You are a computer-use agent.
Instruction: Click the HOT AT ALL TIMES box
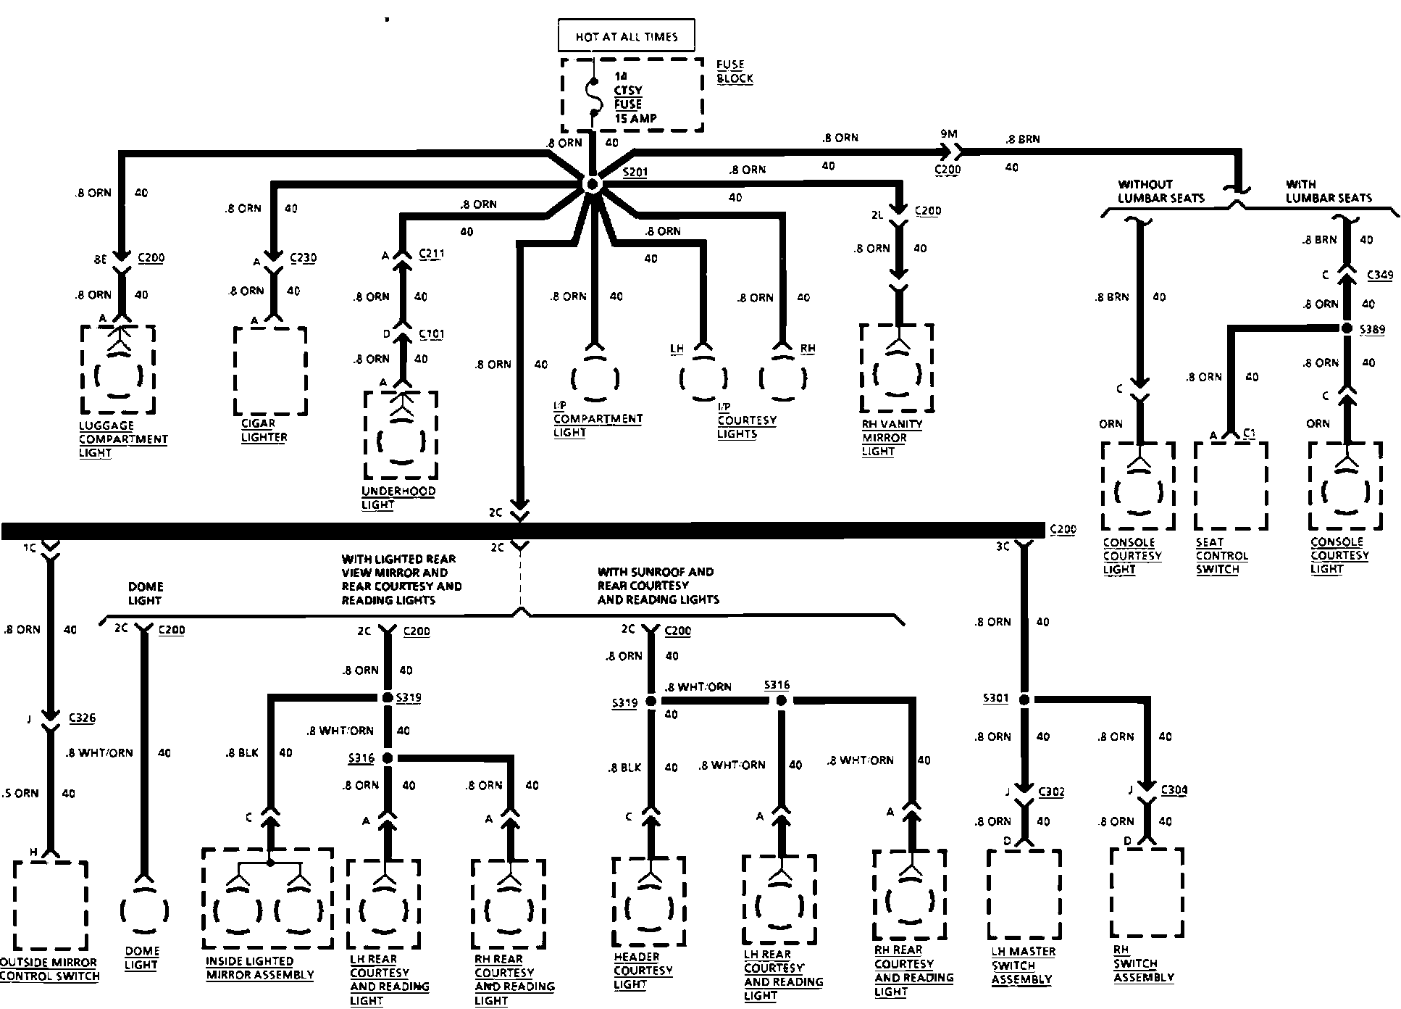(x=627, y=36)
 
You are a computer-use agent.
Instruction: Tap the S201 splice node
(x=592, y=185)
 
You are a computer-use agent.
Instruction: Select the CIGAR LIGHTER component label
(x=264, y=431)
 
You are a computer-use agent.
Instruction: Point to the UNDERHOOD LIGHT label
(x=398, y=498)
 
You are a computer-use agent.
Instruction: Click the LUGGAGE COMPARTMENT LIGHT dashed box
(x=117, y=369)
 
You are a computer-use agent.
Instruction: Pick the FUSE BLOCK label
(x=735, y=72)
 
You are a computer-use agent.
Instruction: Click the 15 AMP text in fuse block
(x=635, y=118)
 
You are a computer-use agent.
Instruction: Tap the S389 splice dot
(x=1347, y=328)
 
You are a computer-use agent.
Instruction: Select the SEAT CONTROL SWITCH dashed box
(x=1231, y=485)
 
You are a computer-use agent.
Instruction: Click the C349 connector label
(x=1379, y=275)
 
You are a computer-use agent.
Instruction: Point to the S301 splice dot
(x=1024, y=699)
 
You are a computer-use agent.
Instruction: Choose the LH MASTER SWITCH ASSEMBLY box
(x=1024, y=893)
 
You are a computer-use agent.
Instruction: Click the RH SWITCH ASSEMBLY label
(x=1143, y=964)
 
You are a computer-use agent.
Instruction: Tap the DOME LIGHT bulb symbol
(x=144, y=909)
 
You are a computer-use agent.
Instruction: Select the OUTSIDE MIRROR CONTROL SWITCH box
(x=50, y=905)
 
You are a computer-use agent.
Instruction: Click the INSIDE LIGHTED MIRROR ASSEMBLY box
(x=267, y=899)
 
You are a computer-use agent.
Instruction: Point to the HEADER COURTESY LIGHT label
(x=643, y=971)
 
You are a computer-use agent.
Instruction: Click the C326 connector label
(x=82, y=718)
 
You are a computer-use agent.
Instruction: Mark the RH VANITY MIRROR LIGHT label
(x=892, y=438)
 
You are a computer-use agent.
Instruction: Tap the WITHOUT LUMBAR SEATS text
(x=1160, y=191)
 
